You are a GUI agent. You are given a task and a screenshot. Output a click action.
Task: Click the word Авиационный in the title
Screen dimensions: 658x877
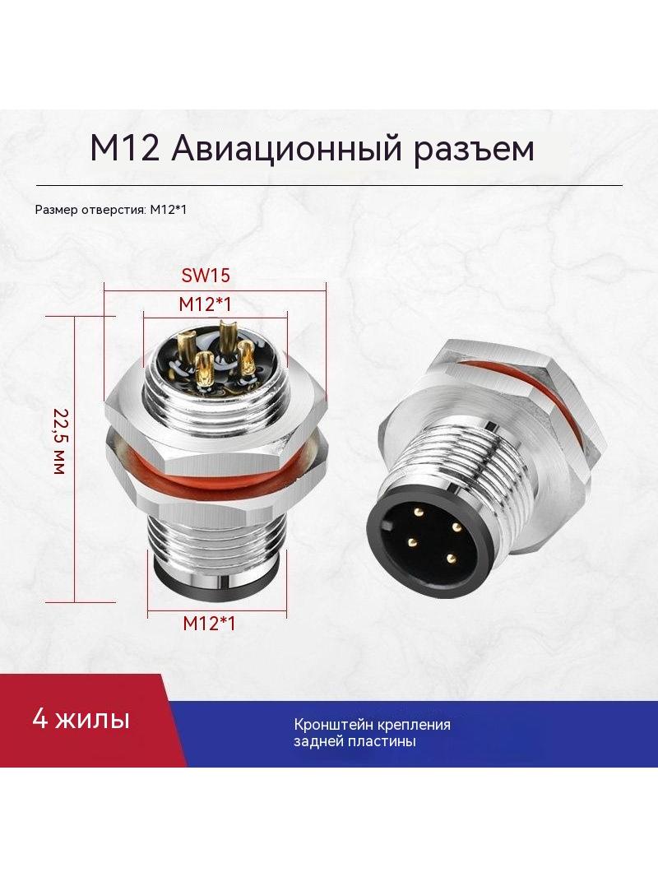pyautogui.click(x=285, y=149)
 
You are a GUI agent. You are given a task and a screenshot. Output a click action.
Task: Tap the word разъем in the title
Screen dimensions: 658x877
pyautogui.click(x=474, y=150)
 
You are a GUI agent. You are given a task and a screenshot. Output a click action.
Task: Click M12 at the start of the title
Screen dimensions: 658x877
pyautogui.click(x=125, y=148)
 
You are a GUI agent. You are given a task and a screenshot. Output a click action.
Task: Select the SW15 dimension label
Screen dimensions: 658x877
pyautogui.click(x=206, y=275)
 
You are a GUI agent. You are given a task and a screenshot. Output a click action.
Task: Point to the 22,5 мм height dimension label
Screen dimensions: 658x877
pyautogui.click(x=60, y=441)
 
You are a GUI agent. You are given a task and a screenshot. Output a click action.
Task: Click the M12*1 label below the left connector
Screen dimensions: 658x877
pyautogui.click(x=209, y=623)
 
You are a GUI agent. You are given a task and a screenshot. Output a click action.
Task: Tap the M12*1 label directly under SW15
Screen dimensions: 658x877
pyautogui.click(x=205, y=304)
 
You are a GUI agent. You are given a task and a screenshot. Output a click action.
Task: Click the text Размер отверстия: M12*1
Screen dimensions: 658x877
pyautogui.click(x=111, y=211)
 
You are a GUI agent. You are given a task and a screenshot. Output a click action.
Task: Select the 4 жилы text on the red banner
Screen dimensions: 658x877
pyautogui.click(x=81, y=719)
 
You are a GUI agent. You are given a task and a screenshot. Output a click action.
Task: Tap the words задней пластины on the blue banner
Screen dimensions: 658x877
pyautogui.click(x=354, y=742)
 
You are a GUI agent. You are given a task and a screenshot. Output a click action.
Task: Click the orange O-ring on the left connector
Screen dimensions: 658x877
pyautogui.click(x=215, y=467)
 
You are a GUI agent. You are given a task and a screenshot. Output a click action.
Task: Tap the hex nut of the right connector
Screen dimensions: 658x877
pyautogui.click(x=503, y=392)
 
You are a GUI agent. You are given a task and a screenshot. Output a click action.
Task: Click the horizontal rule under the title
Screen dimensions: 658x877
pyautogui.click(x=329, y=185)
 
